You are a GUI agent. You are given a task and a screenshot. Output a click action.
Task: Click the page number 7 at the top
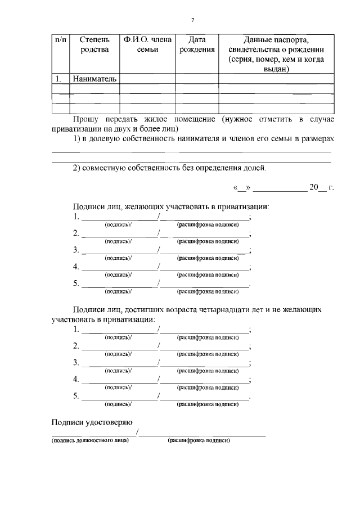pyautogui.click(x=192, y=20)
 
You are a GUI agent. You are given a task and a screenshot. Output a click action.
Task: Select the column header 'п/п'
pyautogui.click(x=60, y=40)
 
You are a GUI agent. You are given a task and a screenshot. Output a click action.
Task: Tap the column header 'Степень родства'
pyautogui.click(x=94, y=45)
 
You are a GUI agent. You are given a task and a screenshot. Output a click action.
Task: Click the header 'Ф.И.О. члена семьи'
pyautogui.click(x=147, y=45)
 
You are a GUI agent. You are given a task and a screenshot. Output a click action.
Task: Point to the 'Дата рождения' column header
pyautogui.click(x=197, y=45)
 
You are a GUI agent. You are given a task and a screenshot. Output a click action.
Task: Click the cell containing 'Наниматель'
pyautogui.click(x=94, y=79)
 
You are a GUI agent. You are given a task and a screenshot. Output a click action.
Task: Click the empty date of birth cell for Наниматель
pyautogui.click(x=197, y=79)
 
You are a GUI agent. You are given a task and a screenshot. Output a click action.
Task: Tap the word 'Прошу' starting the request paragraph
pyautogui.click(x=86, y=119)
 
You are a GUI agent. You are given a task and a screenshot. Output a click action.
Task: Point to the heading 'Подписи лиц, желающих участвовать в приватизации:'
pyautogui.click(x=171, y=206)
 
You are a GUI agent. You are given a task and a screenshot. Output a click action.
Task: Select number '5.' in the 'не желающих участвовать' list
pyautogui.click(x=76, y=396)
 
